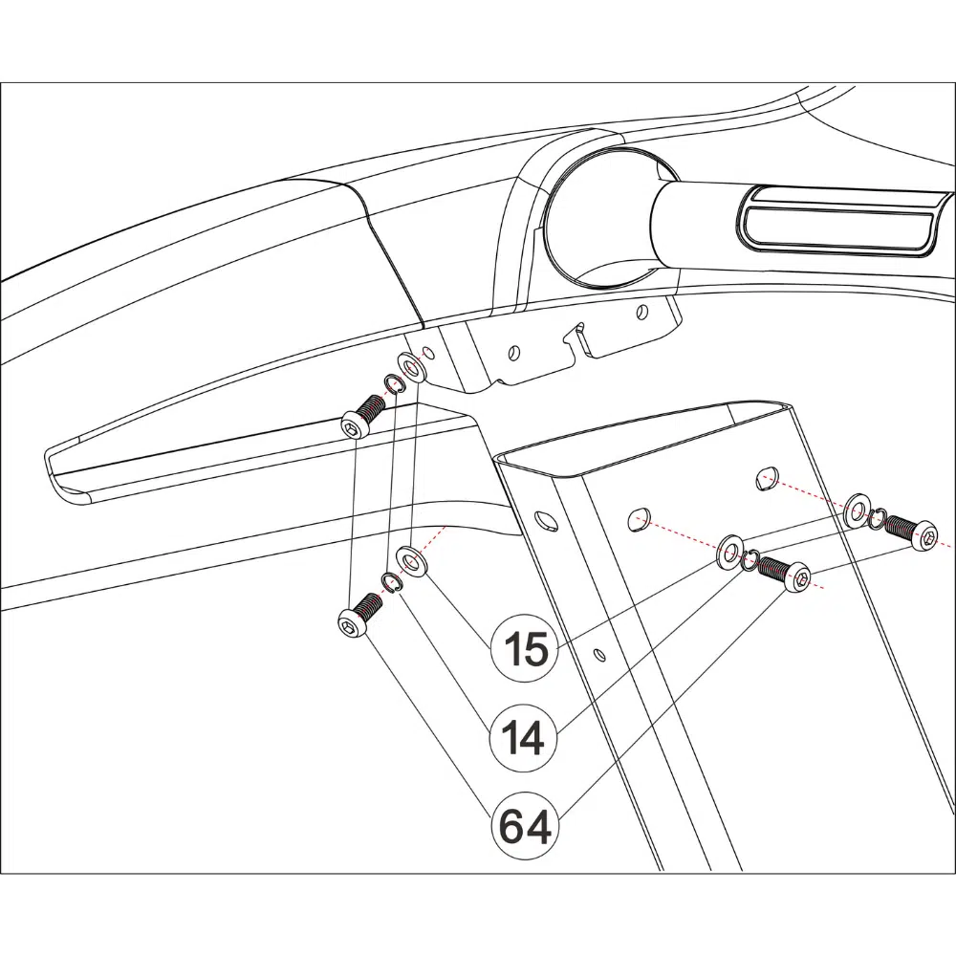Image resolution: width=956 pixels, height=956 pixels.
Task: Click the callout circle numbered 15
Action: click(525, 648)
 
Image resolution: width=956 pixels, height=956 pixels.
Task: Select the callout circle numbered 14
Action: click(525, 738)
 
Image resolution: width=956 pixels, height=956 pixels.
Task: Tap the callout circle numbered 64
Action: click(525, 826)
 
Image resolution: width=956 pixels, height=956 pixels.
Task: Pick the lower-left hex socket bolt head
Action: click(353, 625)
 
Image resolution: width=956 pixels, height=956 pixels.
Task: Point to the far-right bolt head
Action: click(924, 534)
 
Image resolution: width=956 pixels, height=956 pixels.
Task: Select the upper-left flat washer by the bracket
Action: click(413, 368)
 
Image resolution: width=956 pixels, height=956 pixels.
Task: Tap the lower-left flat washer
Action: click(411, 561)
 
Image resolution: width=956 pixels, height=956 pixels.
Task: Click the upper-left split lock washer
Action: click(393, 384)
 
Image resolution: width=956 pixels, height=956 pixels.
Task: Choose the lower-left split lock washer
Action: click(391, 582)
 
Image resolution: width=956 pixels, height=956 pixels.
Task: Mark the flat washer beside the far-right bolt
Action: click(857, 510)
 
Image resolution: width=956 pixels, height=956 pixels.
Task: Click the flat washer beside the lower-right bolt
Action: click(729, 552)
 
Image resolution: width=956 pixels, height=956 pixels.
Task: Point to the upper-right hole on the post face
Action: click(767, 479)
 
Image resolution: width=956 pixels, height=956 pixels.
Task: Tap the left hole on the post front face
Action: click(639, 518)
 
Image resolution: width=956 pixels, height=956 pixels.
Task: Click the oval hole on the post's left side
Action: click(546, 520)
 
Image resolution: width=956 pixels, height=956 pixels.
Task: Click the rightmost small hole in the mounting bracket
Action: click(641, 313)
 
